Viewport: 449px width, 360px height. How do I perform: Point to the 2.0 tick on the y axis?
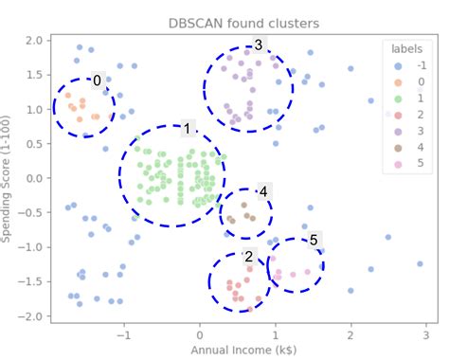(35, 41)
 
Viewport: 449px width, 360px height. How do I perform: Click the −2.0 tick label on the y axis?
(32, 315)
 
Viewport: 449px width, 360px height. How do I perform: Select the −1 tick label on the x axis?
(121, 334)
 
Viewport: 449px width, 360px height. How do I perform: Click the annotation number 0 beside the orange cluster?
(97, 81)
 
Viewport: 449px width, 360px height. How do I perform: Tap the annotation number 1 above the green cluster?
(188, 129)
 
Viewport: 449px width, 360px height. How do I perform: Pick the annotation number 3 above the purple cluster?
(258, 45)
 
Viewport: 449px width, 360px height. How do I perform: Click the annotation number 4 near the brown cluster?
(263, 191)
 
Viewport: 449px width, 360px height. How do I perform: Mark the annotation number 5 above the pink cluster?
(314, 240)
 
